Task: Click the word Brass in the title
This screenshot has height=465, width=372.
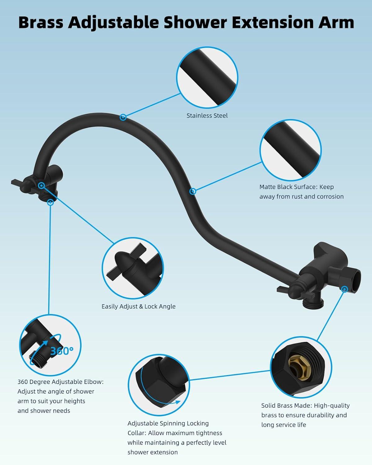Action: [x=41, y=22]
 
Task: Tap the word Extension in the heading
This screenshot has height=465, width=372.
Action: [x=272, y=22]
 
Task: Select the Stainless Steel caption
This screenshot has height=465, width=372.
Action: [x=207, y=116]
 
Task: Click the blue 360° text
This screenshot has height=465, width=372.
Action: [x=62, y=351]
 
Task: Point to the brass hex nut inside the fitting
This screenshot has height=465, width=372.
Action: [x=300, y=367]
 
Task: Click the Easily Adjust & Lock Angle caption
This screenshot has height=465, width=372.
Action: [x=139, y=306]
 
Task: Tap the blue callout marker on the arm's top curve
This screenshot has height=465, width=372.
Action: [x=123, y=117]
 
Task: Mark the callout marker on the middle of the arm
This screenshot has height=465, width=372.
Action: [x=193, y=191]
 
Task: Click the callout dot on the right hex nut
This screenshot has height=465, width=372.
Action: [x=345, y=289]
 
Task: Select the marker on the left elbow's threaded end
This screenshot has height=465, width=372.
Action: [x=50, y=202]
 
